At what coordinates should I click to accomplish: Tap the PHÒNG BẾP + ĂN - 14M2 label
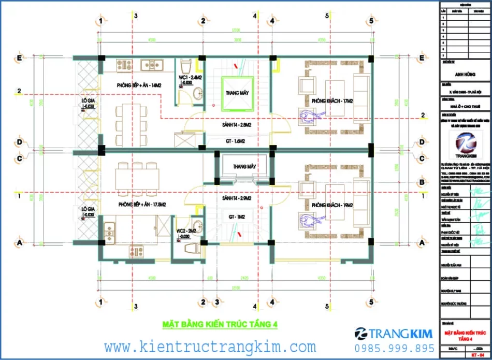tap(138, 85)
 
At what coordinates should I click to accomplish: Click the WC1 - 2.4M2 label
tap(190, 78)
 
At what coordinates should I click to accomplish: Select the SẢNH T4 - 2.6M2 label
tap(236, 125)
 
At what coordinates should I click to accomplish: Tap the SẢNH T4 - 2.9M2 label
tap(236, 198)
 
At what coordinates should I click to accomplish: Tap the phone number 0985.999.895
tap(394, 348)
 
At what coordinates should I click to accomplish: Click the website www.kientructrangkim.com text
tap(210, 346)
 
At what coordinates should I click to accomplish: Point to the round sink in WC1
tap(197, 93)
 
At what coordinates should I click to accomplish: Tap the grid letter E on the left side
tap(20, 58)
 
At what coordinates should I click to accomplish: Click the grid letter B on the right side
tap(423, 182)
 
